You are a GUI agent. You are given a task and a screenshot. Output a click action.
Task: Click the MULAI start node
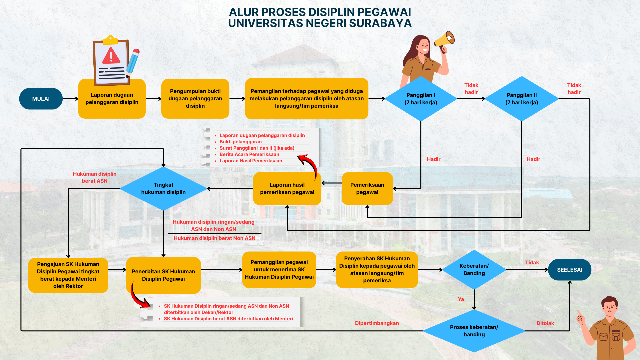point(41,99)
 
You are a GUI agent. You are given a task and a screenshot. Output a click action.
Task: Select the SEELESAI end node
point(570,270)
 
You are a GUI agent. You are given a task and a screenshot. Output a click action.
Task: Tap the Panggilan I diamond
point(421,99)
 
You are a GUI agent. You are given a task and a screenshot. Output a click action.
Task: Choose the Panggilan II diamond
point(522,99)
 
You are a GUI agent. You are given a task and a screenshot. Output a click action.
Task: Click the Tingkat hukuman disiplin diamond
point(163,188)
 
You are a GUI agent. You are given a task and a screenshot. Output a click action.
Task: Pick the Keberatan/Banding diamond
point(474,269)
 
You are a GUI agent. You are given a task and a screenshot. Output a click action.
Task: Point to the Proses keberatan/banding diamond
point(474,331)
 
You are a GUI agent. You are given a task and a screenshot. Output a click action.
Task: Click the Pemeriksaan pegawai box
point(367,188)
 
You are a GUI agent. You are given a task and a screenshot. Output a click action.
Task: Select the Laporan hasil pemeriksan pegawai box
point(287,188)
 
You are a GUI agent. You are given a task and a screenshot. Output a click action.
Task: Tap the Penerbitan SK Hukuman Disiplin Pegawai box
point(163,275)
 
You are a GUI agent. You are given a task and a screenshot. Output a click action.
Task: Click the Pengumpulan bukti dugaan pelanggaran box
point(195,98)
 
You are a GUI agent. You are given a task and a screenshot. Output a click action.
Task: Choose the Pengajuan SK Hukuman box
point(68,275)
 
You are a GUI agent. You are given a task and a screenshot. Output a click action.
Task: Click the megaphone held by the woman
point(445,40)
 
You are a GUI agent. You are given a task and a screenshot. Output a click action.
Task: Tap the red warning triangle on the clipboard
point(111,56)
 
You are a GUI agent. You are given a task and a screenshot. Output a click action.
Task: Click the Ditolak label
point(545,323)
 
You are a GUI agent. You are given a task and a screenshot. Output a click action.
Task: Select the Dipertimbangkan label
point(377,323)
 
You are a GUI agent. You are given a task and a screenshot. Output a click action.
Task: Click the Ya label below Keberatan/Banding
point(461,299)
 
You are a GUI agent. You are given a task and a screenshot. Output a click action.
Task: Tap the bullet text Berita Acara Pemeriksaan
point(249,154)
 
